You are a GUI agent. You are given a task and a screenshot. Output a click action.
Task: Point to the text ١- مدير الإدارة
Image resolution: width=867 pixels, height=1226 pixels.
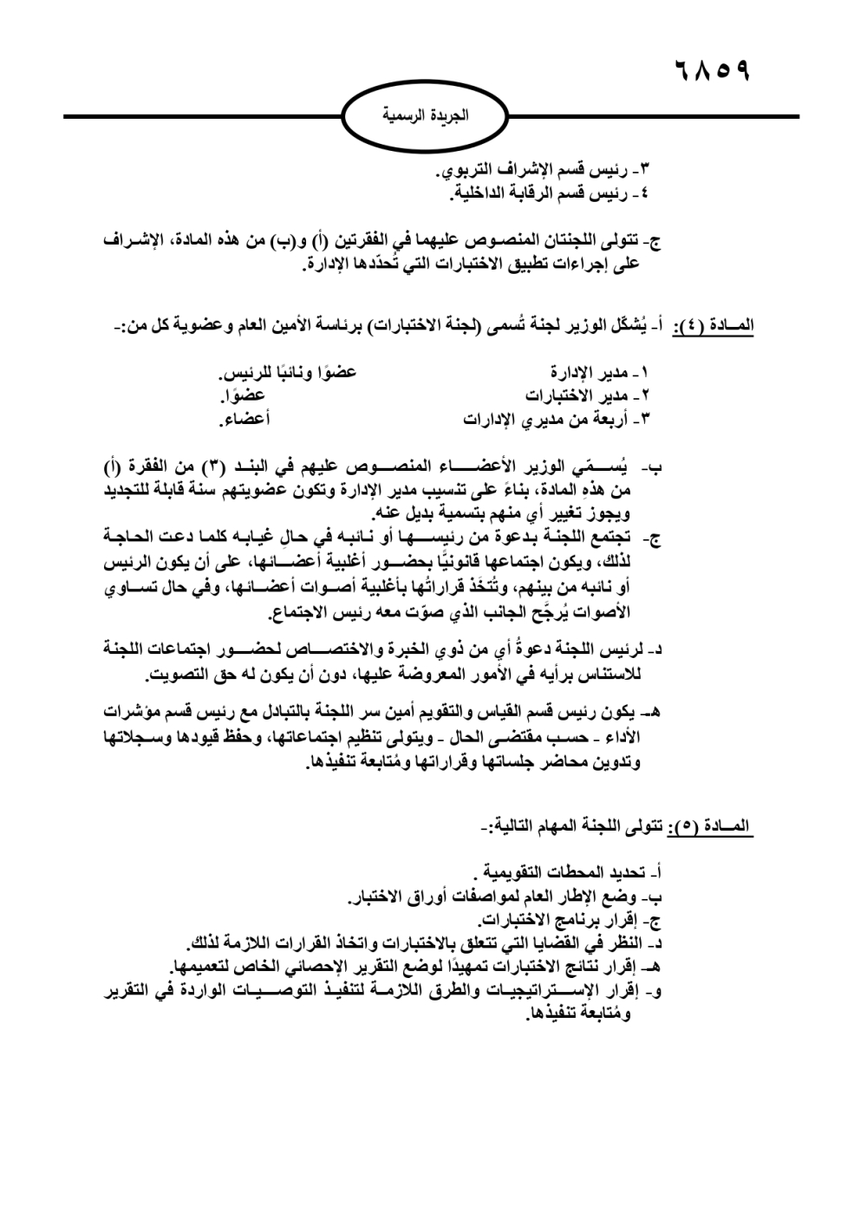coord(600,374)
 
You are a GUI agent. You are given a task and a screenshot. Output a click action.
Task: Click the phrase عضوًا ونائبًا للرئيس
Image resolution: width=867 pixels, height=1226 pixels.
coord(287,374)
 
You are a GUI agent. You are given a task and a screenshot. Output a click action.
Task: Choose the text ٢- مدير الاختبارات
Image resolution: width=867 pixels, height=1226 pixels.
coord(587,396)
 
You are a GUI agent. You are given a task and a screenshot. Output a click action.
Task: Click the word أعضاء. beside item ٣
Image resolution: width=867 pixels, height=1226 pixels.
coord(244,420)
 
